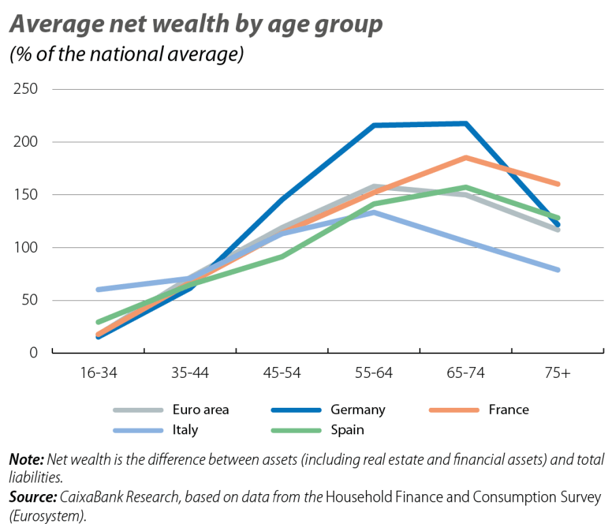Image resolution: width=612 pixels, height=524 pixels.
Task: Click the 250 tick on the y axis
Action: coord(24,90)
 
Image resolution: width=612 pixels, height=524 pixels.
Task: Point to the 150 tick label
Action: coord(24,195)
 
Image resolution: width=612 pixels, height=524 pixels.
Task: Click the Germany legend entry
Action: coord(358,410)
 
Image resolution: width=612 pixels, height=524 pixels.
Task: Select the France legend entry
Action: coord(508,410)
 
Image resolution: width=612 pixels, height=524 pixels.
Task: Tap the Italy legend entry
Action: coord(186,430)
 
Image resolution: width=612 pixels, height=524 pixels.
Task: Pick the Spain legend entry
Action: coord(347,430)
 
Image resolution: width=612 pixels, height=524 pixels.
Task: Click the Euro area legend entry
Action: coord(201,410)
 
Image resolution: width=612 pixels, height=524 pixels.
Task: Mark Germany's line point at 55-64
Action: coord(374,126)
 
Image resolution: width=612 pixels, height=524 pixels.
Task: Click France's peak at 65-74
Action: coord(466,157)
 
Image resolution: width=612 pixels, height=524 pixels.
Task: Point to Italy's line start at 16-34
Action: coord(99,290)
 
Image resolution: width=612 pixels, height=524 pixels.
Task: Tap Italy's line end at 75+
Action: coord(558,270)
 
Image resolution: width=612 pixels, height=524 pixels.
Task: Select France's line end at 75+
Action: coord(558,184)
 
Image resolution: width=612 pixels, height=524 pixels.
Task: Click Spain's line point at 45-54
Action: coord(282,257)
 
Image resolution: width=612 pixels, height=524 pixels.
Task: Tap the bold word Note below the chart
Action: coord(26,459)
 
